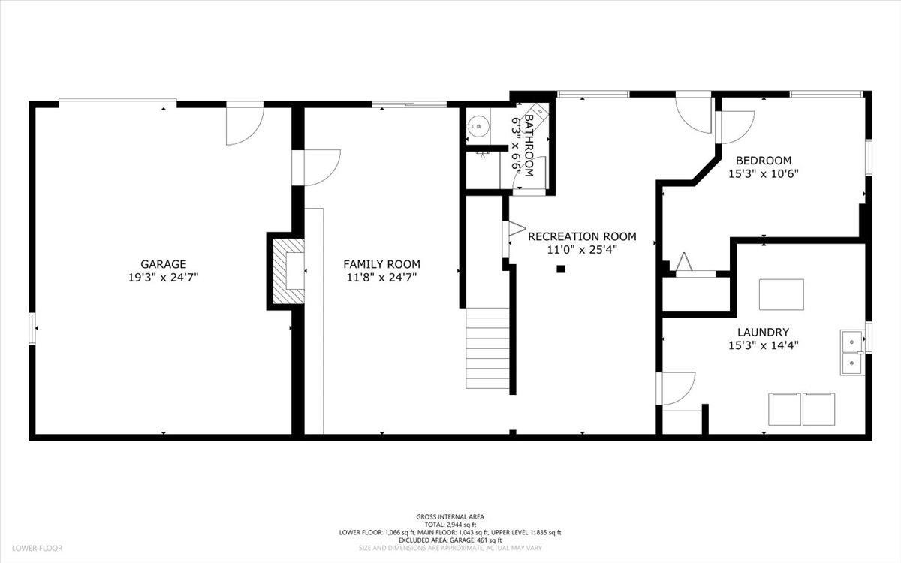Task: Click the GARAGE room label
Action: (163, 264)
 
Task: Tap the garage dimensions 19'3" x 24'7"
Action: (163, 277)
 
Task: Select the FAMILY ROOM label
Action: (381, 264)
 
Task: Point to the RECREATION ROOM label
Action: (582, 236)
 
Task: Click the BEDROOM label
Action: (763, 161)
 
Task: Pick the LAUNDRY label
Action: (763, 332)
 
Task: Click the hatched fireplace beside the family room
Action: (288, 271)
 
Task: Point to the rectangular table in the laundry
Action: (781, 294)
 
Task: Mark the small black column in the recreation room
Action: (560, 269)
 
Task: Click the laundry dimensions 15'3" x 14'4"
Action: (763, 345)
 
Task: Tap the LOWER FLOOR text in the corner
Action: (37, 549)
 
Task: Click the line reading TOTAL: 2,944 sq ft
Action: (450, 524)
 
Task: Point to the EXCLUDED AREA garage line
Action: (450, 540)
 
